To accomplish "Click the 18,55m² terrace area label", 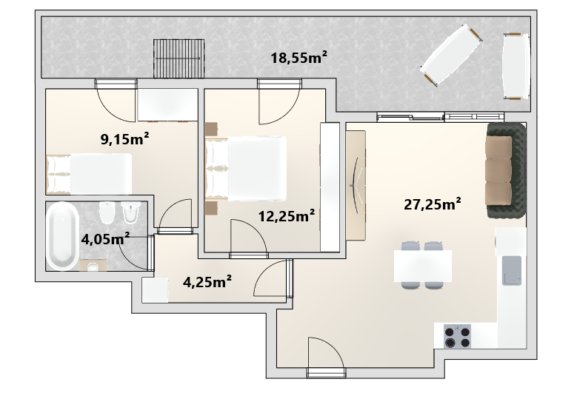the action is [298, 58].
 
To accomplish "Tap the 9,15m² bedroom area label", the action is [124, 139].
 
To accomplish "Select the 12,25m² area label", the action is [287, 216].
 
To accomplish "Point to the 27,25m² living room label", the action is [433, 204].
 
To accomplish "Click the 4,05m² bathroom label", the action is [105, 239].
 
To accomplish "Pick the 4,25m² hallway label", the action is [207, 282].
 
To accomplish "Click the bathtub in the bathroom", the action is [61, 236].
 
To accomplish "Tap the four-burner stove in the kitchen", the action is [458, 336].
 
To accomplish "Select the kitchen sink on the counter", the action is [512, 271].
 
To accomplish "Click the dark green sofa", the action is [506, 171].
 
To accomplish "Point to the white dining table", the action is [423, 266].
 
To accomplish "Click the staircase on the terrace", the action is [179, 58].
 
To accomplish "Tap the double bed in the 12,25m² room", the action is [245, 169].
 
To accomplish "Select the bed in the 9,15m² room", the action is [89, 174].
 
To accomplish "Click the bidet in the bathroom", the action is [130, 212].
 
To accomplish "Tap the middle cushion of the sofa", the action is [498, 171].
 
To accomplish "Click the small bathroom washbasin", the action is [93, 265].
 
